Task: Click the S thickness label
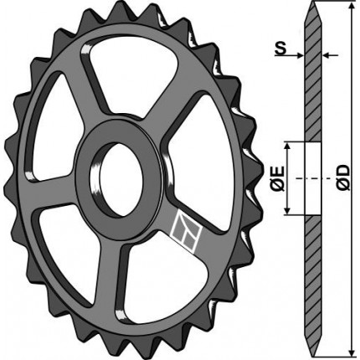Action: click(x=280, y=49)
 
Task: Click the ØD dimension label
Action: click(x=342, y=177)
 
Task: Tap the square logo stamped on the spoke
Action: click(x=186, y=231)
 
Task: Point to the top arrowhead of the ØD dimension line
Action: click(x=352, y=7)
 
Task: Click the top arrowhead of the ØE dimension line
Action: click(x=287, y=147)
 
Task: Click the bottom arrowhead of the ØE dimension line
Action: click(x=287, y=210)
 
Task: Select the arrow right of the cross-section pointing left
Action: click(x=331, y=55)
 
